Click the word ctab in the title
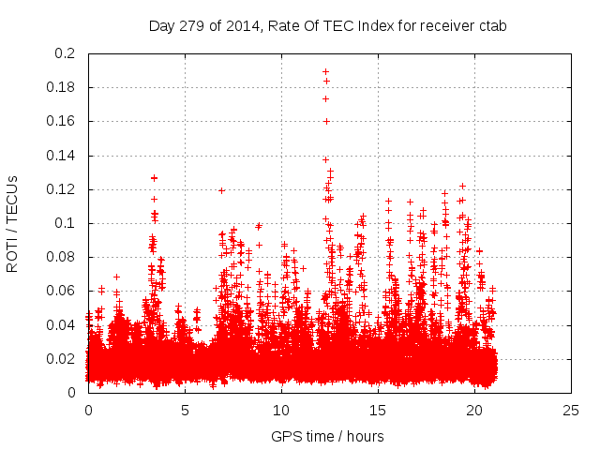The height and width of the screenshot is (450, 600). [490, 26]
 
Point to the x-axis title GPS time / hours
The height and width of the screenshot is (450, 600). [327, 436]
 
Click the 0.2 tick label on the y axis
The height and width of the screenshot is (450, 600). [66, 53]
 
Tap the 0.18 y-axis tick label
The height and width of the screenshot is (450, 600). [62, 87]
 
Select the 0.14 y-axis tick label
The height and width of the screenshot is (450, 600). [62, 155]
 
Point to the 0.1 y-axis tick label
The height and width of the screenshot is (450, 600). [66, 223]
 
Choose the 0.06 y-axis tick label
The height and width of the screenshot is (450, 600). [62, 291]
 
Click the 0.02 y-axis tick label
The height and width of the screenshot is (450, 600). [62, 358]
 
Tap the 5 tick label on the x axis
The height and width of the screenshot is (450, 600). [185, 410]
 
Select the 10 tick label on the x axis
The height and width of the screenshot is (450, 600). [281, 410]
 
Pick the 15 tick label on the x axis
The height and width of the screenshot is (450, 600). [378, 410]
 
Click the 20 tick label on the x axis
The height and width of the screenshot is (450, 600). [474, 410]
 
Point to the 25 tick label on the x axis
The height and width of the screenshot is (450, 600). [571, 410]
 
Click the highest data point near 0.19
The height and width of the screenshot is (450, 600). [325, 71]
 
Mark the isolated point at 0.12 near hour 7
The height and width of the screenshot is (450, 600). [221, 190]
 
